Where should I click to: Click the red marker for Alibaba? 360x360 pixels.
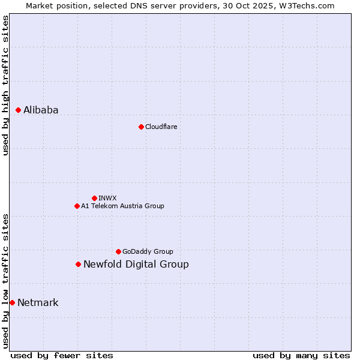(x=18, y=110)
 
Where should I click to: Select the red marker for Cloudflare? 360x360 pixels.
(x=141, y=127)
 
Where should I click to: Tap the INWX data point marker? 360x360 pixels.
(x=94, y=198)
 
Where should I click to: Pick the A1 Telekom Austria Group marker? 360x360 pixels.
(x=77, y=206)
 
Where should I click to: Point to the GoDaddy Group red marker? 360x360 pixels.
(x=118, y=251)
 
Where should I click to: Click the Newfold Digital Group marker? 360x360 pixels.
(x=78, y=264)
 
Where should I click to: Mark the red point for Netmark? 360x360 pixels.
(x=12, y=302)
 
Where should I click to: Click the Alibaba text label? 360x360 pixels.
(x=41, y=110)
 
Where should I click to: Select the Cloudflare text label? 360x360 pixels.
(x=161, y=127)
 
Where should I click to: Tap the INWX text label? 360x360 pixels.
(x=107, y=198)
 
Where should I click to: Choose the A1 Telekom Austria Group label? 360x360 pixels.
(x=122, y=206)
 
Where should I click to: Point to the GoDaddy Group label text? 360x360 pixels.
(x=148, y=251)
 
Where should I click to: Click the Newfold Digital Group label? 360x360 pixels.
(x=136, y=264)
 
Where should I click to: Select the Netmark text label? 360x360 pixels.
(x=38, y=302)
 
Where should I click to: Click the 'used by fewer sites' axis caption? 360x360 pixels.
(x=62, y=355)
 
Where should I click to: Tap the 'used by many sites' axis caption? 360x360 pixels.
(x=301, y=355)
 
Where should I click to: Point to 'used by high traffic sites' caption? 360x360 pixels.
(x=5, y=85)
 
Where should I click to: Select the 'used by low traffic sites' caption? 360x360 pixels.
(x=5, y=281)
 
